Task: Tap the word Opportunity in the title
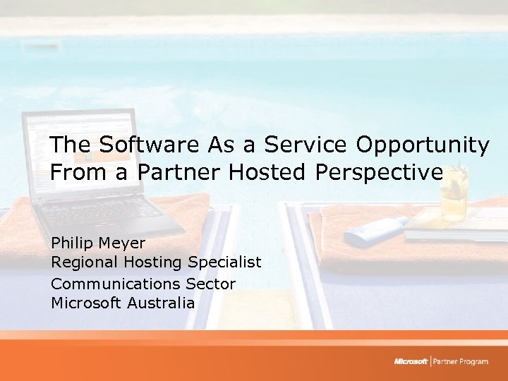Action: (422, 146)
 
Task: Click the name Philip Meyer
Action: (98, 243)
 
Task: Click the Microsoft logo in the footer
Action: (411, 362)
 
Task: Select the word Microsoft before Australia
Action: (86, 303)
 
